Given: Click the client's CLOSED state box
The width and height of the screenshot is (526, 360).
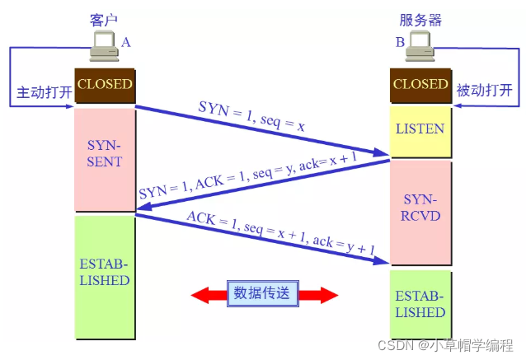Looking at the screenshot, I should tap(105, 84).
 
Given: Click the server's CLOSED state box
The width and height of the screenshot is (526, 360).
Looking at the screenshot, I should tap(420, 84).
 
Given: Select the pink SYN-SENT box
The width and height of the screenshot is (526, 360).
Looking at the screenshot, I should tap(105, 153).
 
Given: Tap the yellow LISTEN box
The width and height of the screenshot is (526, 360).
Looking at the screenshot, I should tap(420, 129).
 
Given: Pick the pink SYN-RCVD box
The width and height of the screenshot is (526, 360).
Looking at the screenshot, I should tap(420, 210).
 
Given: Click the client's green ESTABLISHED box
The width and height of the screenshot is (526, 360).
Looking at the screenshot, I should tap(105, 274).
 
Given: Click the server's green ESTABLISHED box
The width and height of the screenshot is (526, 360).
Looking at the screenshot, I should tap(420, 306).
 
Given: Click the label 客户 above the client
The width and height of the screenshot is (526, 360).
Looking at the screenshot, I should tap(105, 18).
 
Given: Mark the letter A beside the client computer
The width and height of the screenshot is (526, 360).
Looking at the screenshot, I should tap(126, 41).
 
